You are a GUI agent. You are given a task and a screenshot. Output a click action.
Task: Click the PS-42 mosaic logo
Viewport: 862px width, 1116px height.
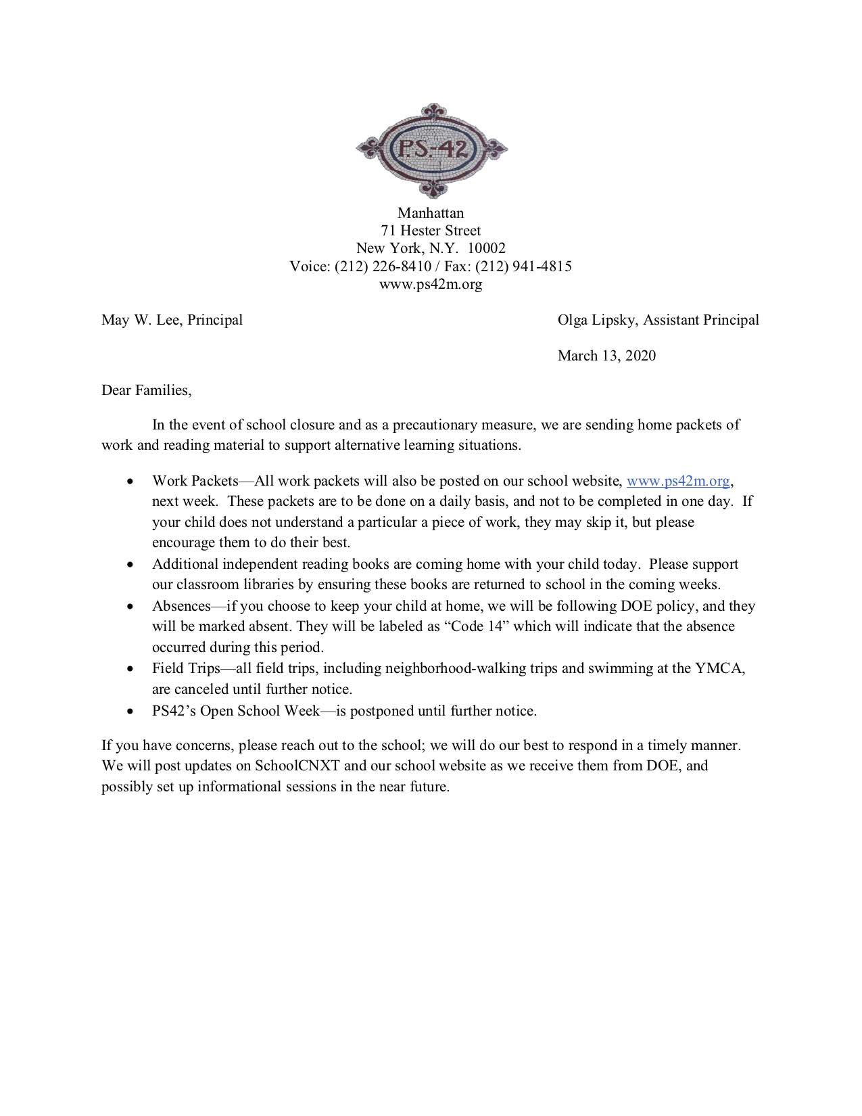click(431, 149)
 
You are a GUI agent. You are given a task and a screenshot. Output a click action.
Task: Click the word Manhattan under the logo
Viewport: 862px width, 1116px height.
click(431, 214)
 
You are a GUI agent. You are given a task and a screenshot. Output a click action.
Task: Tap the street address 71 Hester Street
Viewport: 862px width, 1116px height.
click(431, 231)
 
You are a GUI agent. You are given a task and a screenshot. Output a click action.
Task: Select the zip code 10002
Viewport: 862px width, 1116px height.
click(486, 249)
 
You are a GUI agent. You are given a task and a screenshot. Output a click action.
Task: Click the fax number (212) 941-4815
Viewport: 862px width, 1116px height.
click(523, 266)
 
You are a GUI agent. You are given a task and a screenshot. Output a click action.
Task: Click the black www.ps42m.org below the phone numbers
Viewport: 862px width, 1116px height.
click(431, 284)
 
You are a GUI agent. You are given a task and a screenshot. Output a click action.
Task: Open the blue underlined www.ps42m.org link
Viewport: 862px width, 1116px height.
click(678, 481)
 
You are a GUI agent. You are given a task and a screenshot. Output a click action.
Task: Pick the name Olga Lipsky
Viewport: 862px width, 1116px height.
click(596, 320)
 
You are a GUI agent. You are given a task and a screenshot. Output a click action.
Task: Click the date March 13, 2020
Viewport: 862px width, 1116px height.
click(606, 356)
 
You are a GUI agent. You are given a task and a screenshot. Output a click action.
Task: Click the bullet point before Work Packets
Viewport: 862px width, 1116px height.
click(130, 482)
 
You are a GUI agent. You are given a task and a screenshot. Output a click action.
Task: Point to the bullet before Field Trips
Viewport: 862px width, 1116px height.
click(130, 669)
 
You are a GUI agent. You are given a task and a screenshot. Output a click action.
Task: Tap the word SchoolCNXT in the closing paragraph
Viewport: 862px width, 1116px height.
click(297, 766)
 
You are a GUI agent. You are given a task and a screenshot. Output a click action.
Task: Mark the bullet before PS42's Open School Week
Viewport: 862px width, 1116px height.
click(130, 712)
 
